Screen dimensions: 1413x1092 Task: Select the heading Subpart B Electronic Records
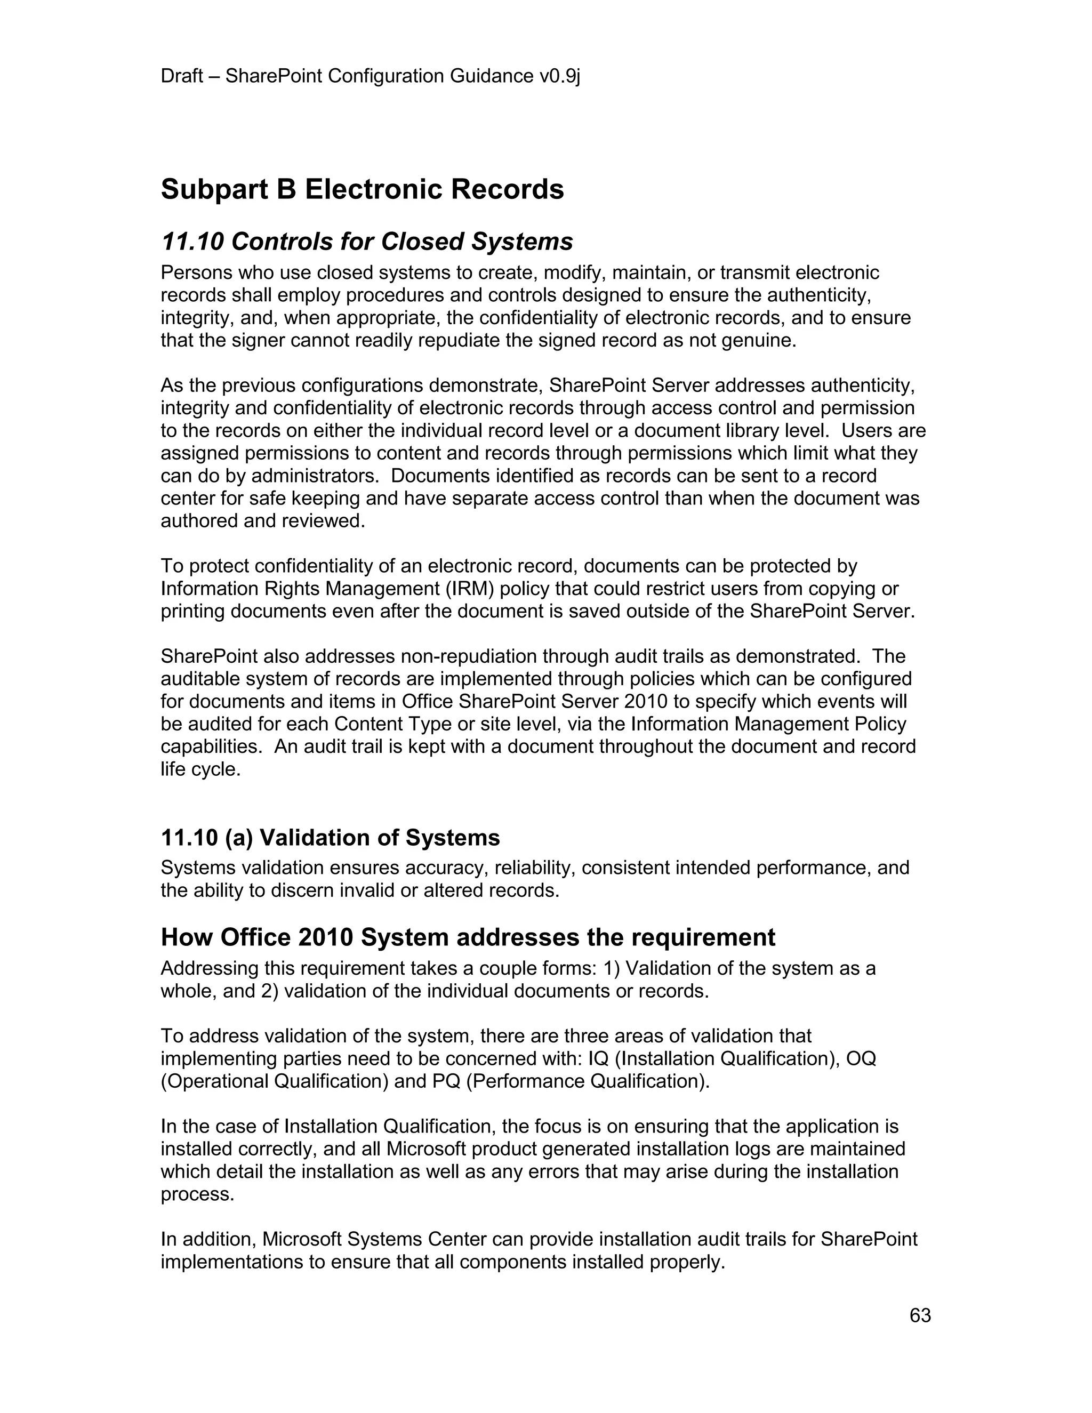(362, 190)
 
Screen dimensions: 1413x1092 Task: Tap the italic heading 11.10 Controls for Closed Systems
(367, 242)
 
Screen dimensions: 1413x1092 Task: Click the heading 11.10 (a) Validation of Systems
(330, 838)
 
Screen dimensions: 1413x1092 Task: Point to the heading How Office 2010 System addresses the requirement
(467, 937)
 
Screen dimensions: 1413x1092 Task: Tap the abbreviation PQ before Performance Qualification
(446, 1081)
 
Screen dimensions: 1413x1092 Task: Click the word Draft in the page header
(182, 76)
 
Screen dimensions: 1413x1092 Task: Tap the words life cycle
(200, 770)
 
